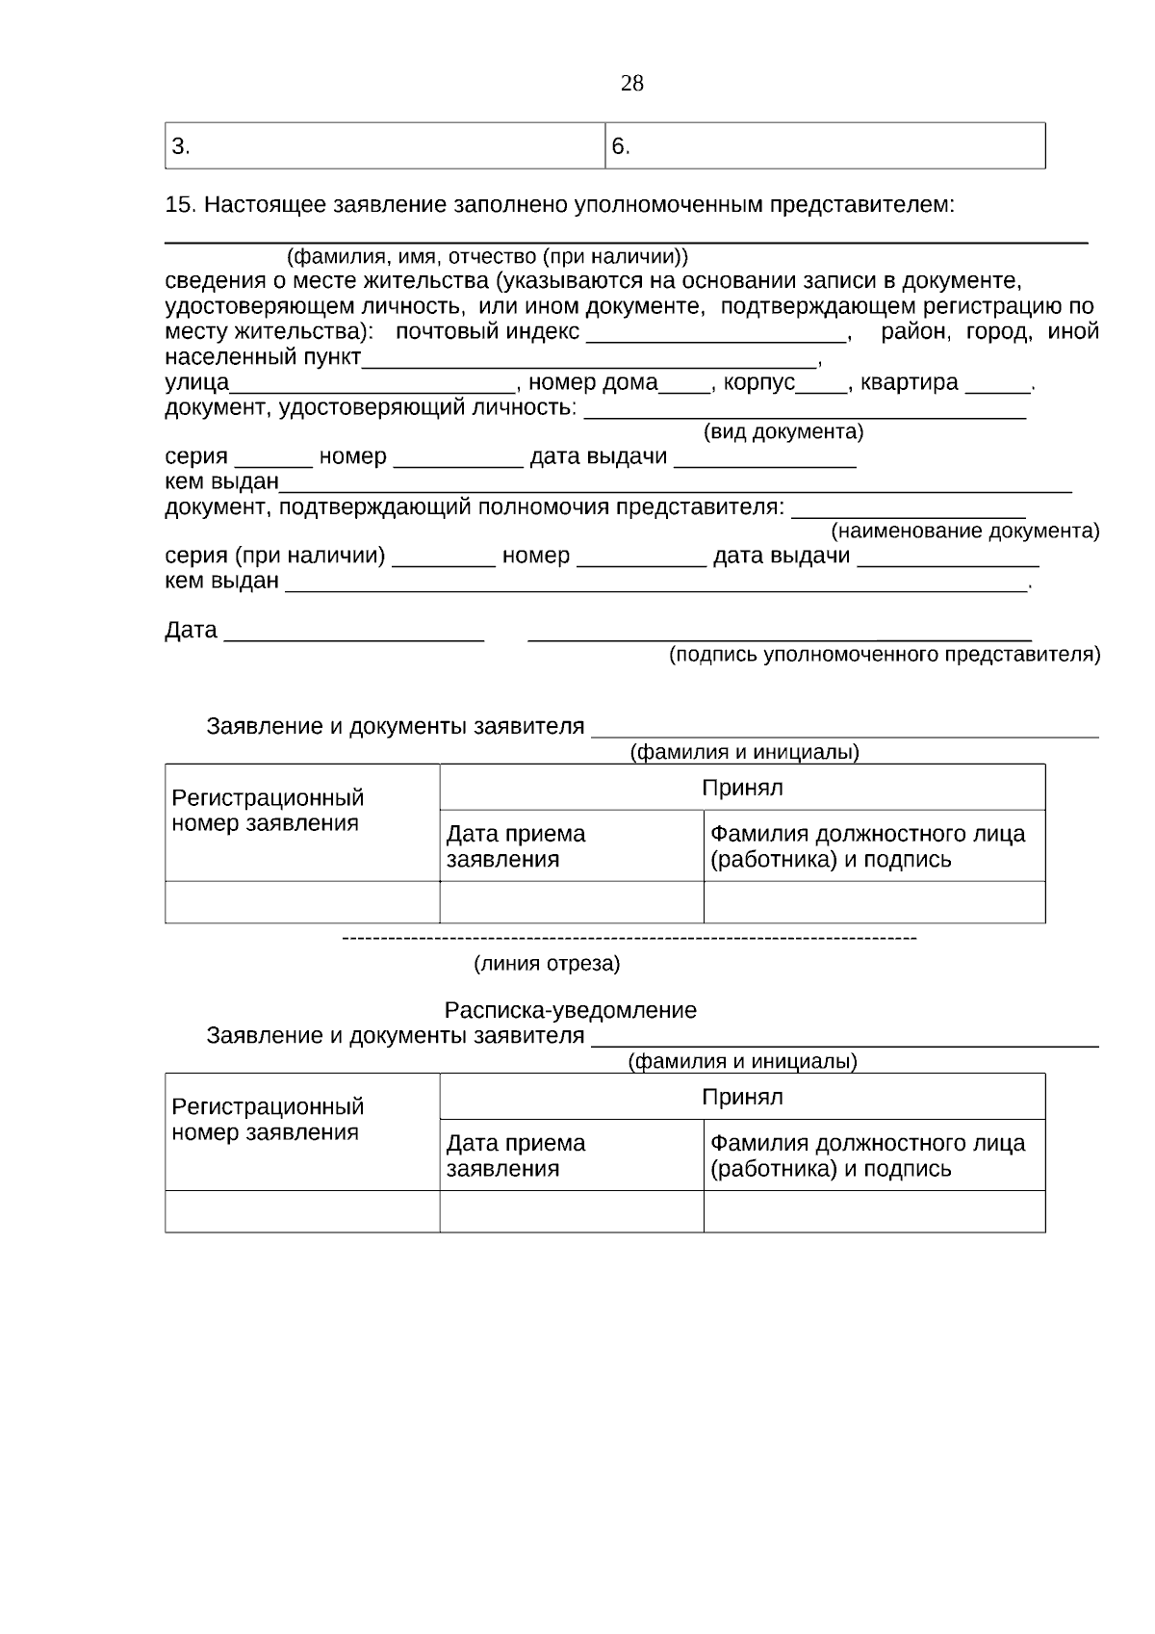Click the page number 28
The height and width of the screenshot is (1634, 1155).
(631, 84)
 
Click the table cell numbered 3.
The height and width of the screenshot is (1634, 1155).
(385, 146)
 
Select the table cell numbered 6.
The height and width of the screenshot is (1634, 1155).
(825, 146)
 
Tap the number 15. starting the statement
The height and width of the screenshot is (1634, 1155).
(181, 205)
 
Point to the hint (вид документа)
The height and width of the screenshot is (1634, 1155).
(783, 431)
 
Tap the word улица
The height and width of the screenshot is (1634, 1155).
(196, 383)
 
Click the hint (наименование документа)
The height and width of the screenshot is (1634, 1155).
(964, 532)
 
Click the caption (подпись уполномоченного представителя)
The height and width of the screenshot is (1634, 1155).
(885, 656)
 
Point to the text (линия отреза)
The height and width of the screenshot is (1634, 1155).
(547, 964)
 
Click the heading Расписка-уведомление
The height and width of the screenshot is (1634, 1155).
(570, 1011)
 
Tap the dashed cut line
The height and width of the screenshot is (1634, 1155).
(629, 938)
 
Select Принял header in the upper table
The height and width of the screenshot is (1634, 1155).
(742, 789)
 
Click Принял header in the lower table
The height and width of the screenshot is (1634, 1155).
(742, 1098)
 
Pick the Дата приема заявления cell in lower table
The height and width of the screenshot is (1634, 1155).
(571, 1155)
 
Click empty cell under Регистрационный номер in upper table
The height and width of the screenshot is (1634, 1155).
(302, 902)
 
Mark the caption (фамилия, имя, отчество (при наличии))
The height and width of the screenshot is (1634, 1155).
(487, 257)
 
